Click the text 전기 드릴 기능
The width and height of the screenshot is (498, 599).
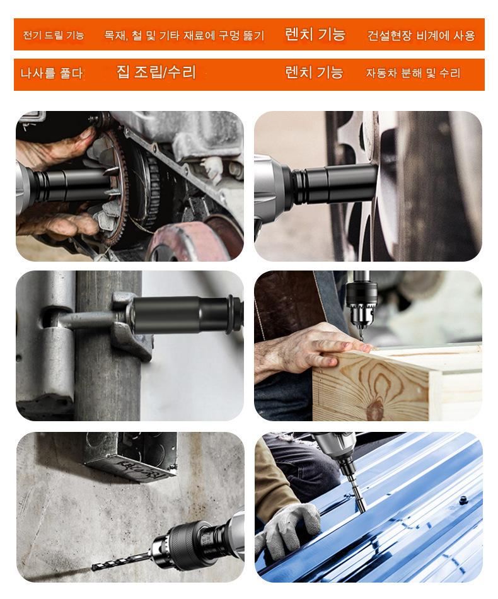[54, 35]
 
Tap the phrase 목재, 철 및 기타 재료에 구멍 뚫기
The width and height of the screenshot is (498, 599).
[184, 35]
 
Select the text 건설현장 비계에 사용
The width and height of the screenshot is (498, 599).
[421, 35]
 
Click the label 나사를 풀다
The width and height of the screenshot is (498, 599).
[52, 73]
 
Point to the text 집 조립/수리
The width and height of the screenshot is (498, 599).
[156, 72]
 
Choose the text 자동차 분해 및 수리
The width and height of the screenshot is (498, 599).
[414, 73]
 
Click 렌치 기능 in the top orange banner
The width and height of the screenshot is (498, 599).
[315, 35]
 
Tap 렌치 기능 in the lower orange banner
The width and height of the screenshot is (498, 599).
[314, 72]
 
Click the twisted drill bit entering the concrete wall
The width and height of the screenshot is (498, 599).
[122, 561]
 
